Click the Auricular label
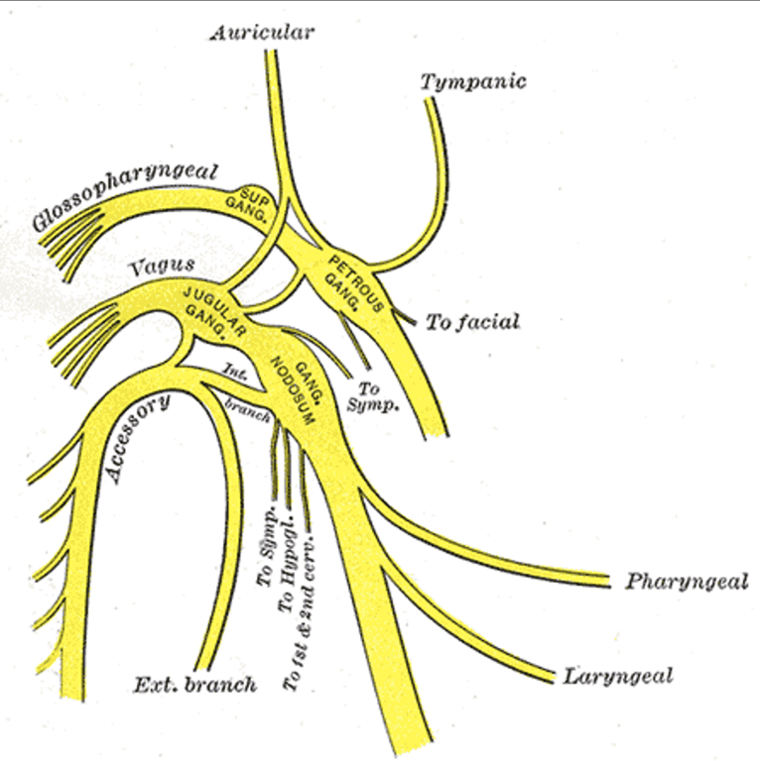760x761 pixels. coord(262,33)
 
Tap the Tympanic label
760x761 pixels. coord(473,81)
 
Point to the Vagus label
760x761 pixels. coord(162,266)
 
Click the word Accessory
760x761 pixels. coord(138,438)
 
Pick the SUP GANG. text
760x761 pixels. coord(248,207)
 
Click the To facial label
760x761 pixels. coord(473,322)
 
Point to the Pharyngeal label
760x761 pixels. coord(687,582)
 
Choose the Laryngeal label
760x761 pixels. coord(617,676)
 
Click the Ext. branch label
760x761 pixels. coord(194,685)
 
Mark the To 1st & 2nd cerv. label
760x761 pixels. coord(301,613)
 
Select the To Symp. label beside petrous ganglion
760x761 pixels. coord(372,396)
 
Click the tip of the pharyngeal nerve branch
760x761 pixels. coord(609,581)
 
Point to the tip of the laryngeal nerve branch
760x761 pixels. coord(554,677)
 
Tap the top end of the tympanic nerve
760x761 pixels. coord(430,100)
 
